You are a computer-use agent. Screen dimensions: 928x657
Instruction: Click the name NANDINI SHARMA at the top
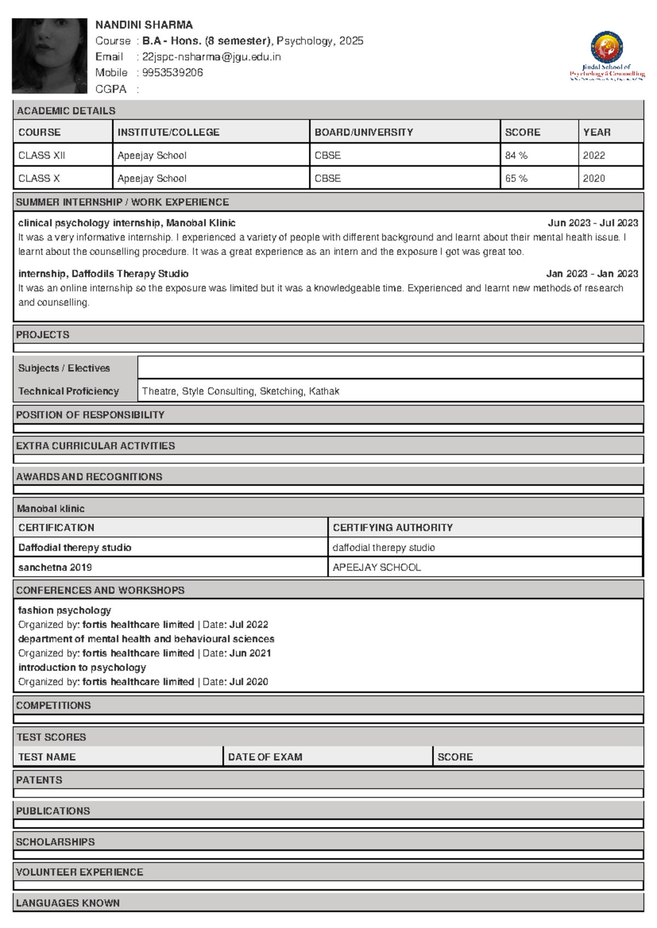point(144,25)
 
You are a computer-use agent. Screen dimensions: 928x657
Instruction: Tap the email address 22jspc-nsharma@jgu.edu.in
point(211,57)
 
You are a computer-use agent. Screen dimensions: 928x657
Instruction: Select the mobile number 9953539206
point(172,73)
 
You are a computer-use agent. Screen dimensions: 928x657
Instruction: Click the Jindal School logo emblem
point(607,47)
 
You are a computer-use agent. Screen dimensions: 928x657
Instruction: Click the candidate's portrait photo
point(49,56)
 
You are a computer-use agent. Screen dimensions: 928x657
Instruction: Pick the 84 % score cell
point(516,155)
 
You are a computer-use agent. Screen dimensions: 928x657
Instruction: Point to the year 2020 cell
point(594,178)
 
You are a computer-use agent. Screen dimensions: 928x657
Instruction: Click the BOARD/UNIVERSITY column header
point(364,132)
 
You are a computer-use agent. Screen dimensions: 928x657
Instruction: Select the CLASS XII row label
point(42,155)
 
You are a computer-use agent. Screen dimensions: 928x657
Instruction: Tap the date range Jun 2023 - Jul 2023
point(592,223)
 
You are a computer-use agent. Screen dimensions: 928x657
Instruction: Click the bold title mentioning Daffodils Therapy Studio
point(103,274)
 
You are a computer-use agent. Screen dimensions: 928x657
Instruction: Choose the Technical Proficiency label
point(68,391)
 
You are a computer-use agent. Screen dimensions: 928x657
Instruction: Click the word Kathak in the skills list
point(324,391)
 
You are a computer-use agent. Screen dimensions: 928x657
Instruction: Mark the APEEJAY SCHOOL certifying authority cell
point(377,567)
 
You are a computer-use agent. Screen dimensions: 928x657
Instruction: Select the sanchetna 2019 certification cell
point(55,567)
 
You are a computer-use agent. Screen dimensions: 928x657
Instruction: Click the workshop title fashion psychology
point(65,610)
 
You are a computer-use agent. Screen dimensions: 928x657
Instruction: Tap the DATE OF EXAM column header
point(265,757)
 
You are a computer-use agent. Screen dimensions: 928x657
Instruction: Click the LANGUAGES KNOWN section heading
point(68,903)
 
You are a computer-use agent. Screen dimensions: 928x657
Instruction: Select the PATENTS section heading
point(39,780)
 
